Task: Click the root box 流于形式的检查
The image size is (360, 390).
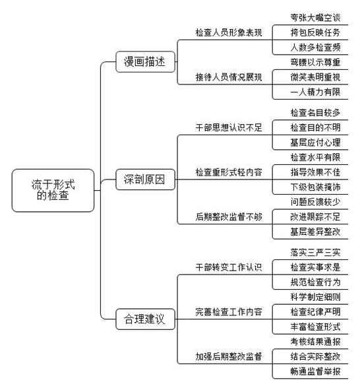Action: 53,191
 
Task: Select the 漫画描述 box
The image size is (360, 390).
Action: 145,61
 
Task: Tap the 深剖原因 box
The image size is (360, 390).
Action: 145,179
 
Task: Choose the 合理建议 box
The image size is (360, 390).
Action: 145,319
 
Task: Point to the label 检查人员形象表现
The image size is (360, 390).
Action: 229,32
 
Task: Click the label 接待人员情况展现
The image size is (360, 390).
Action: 229,77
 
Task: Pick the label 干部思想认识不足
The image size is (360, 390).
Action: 229,127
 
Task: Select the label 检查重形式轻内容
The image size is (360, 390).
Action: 229,172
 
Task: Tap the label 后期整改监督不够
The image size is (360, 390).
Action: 229,217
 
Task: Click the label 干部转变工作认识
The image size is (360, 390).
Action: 229,267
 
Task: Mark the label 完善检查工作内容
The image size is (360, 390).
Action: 229,312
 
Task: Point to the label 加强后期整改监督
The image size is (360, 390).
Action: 229,356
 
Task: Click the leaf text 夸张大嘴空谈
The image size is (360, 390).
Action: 315,18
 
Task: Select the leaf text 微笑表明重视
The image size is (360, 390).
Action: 315,77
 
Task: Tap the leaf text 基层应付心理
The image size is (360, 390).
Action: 315,143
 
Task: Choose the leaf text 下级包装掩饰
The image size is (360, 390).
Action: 315,187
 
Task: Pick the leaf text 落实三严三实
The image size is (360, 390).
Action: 315,253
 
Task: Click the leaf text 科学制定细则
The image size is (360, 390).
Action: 315,297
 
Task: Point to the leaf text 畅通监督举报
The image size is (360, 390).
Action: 315,372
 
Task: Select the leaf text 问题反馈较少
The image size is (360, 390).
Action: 315,202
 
